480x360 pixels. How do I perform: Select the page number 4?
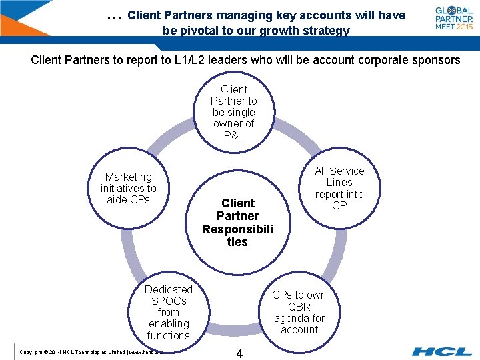(239, 354)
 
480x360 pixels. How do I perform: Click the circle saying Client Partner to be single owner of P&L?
(233, 112)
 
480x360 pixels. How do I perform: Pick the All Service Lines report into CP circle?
(339, 188)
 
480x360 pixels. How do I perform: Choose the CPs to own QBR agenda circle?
(299, 312)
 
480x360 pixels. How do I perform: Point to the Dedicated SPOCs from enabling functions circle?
(169, 312)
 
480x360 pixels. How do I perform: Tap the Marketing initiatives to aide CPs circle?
(129, 188)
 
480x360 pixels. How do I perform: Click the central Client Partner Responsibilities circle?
(237, 222)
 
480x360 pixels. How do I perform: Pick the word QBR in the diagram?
(299, 307)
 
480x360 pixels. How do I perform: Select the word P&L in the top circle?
(234, 135)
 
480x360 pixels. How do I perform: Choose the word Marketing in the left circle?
(129, 177)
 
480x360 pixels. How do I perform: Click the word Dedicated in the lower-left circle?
(169, 289)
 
